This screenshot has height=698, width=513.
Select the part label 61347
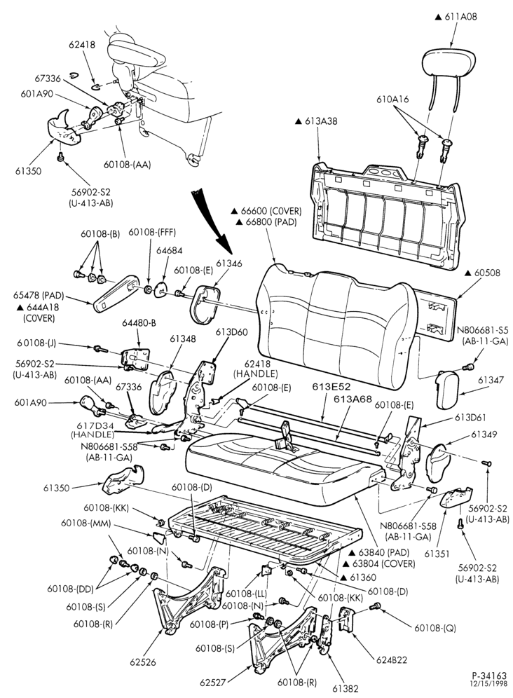(491, 380)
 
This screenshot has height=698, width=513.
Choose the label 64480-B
(138, 322)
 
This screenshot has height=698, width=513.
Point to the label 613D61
(470, 418)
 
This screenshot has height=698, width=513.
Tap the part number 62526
(144, 662)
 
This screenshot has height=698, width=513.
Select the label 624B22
(392, 659)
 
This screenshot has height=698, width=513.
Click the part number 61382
(345, 688)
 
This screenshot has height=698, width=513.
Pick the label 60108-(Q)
(435, 628)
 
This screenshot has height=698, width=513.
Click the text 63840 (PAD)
(378, 552)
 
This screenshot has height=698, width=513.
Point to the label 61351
(437, 554)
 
